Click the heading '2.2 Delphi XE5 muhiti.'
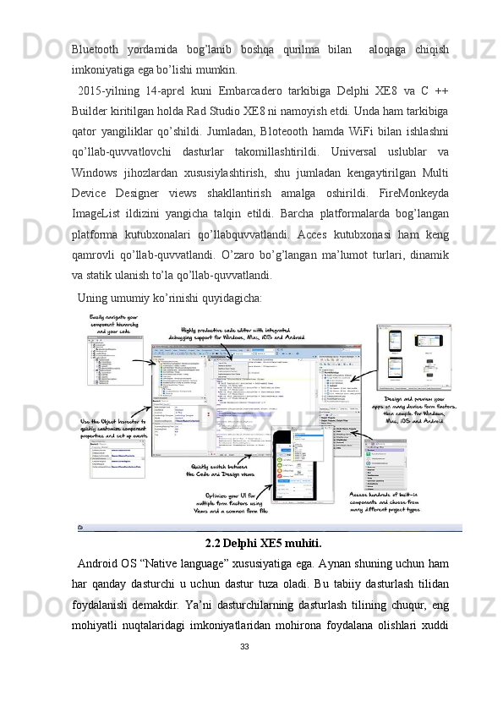click(x=263, y=543)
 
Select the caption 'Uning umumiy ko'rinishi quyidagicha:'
click(x=169, y=298)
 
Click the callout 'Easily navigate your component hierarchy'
click(x=114, y=324)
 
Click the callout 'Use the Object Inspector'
click(x=113, y=429)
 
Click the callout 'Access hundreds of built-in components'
click(x=385, y=502)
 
